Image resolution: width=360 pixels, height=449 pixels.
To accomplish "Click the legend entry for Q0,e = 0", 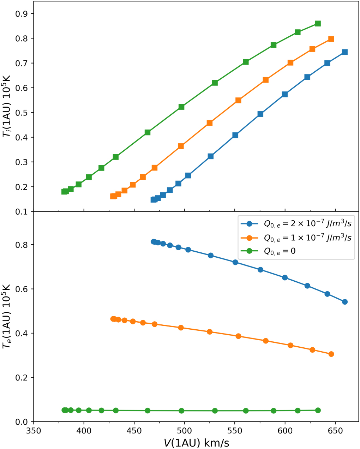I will [280, 251].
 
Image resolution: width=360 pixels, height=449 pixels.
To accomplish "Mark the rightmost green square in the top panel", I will [318, 24].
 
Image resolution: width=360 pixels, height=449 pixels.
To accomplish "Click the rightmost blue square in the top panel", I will [345, 52].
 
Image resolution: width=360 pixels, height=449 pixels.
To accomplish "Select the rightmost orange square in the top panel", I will [331, 39].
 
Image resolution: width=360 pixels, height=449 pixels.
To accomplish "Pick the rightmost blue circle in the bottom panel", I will [345, 302].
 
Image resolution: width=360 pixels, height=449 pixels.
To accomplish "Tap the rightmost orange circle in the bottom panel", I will [331, 354].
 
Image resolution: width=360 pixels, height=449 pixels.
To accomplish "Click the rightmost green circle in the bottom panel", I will [318, 410].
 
